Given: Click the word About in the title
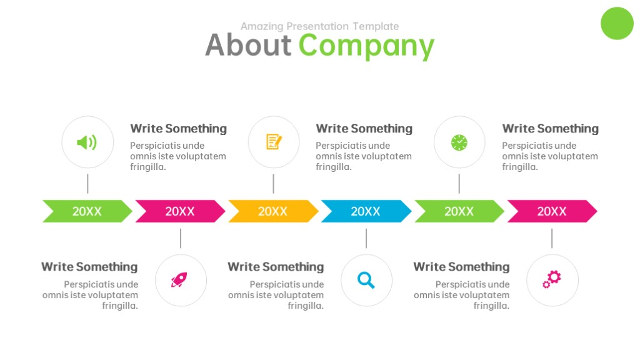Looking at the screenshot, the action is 248,44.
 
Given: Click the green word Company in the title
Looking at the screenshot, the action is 366,46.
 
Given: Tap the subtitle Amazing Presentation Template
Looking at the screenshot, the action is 319,26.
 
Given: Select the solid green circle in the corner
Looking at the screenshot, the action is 617,23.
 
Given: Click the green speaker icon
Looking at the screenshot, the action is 87,142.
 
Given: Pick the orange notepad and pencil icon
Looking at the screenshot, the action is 274,142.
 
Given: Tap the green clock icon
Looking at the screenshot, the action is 459,142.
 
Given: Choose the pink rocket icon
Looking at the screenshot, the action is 179,280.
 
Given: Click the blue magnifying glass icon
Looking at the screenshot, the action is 366,281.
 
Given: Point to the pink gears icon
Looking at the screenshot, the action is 552,279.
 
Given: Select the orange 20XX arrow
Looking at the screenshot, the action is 273,211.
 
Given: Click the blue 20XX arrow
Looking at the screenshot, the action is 366,211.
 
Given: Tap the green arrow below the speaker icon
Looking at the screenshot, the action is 87,211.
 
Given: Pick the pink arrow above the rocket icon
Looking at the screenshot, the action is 180,211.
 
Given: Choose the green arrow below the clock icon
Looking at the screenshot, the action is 459,211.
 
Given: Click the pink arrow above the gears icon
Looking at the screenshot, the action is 552,211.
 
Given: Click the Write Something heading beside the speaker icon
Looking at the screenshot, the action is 178,129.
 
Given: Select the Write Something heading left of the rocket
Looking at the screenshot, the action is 89,267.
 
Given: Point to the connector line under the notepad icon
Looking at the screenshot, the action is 274,184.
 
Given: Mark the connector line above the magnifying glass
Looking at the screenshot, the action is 366,238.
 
